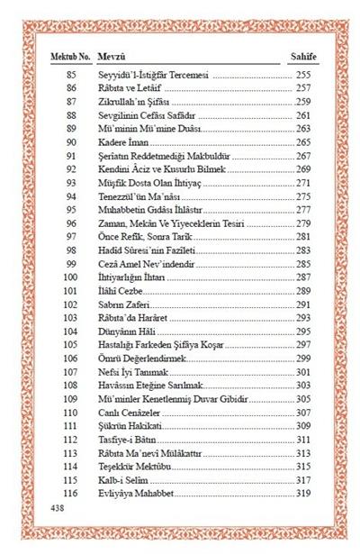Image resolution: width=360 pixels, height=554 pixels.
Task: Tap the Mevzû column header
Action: [112, 56]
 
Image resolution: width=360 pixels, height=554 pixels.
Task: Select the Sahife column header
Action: [301, 56]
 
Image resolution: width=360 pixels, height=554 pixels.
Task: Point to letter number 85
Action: [71, 74]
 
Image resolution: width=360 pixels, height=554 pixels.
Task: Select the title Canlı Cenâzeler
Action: [127, 413]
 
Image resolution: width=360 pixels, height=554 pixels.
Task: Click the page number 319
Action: [303, 495]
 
